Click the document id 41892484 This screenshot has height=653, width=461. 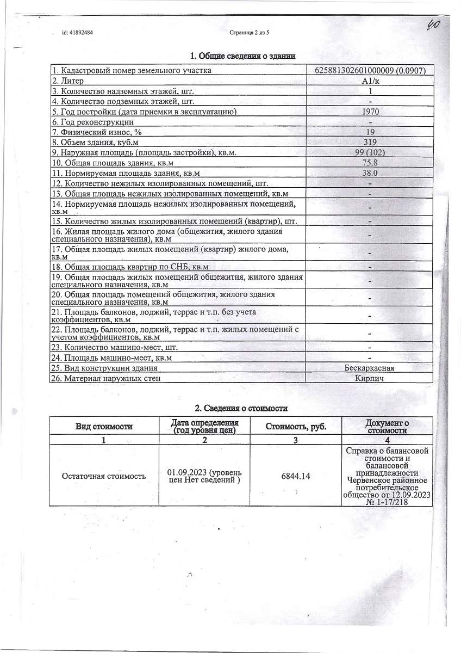click(x=78, y=33)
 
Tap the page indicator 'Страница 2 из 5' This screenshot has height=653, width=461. click(x=250, y=33)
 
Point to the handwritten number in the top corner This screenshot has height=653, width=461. click(x=433, y=25)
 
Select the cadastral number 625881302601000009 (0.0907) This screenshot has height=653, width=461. click(x=370, y=70)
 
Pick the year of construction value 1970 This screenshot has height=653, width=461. click(x=370, y=112)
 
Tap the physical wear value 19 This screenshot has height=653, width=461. click(x=370, y=132)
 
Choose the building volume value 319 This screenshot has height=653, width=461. click(x=370, y=143)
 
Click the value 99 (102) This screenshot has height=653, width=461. click(x=370, y=152)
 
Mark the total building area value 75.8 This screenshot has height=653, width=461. click(x=370, y=163)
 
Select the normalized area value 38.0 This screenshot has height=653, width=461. click(x=370, y=173)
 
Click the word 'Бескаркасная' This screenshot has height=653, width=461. click(x=370, y=368)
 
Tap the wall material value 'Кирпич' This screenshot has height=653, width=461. click(x=370, y=379)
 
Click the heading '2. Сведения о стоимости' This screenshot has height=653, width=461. click(x=241, y=408)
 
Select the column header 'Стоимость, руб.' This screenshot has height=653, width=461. click(x=296, y=426)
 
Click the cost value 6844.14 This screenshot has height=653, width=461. click(x=296, y=476)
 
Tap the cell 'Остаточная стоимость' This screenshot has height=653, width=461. click(x=104, y=476)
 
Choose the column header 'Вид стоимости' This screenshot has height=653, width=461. click(x=104, y=426)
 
